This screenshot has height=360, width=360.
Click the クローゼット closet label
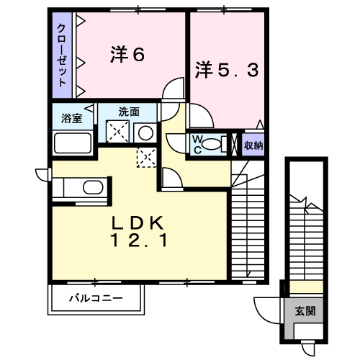pyautogui.click(x=62, y=55)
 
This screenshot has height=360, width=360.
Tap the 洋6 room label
pyautogui.click(x=127, y=55)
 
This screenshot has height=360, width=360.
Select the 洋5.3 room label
pyautogui.click(x=227, y=70)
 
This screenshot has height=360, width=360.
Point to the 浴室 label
pyautogui.click(x=71, y=118)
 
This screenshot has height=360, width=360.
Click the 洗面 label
pyautogui.click(x=129, y=112)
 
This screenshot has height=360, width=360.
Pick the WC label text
pyautogui.click(x=197, y=145)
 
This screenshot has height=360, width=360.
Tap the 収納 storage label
pyautogui.click(x=253, y=145)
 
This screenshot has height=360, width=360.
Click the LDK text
pyautogui.click(x=138, y=223)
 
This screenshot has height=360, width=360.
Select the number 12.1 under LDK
pyautogui.click(x=139, y=240)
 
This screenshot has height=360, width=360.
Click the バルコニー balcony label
pyautogui.click(x=96, y=298)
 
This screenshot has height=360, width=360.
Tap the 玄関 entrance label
pyautogui.click(x=305, y=311)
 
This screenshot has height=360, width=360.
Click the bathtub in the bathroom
pyautogui.click(x=73, y=143)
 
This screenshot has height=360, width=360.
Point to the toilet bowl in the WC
pyautogui.click(x=211, y=144)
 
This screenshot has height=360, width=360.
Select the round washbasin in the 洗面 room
pyautogui.click(x=145, y=133)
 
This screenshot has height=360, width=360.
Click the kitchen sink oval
pyautogui.click(x=93, y=187)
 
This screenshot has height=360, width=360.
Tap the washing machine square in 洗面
pyautogui.click(x=117, y=131)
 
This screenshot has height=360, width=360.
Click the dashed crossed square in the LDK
pyautogui.click(x=147, y=158)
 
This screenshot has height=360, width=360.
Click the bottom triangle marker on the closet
pyautogui.click(x=81, y=91)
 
